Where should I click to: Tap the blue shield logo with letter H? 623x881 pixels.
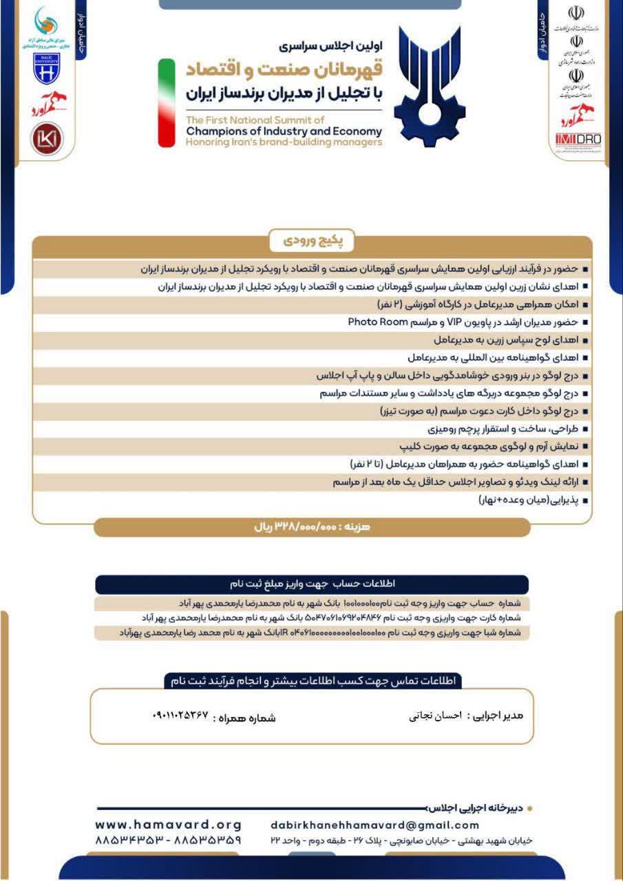tap(47, 69)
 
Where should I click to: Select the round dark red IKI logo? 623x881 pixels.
tap(47, 138)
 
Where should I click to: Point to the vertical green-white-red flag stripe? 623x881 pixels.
tap(166, 103)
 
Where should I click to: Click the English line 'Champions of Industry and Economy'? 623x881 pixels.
tap(284, 131)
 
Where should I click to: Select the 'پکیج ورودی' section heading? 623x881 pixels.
tap(311, 242)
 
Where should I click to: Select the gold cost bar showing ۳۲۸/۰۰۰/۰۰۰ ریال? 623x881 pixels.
tap(312, 527)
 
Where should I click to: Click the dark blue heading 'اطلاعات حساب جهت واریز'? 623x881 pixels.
tap(312, 584)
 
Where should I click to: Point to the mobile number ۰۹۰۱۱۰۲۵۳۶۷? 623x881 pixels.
tap(180, 717)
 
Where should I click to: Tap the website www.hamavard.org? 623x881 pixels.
tap(169, 825)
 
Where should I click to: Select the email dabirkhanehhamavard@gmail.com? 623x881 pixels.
tap(375, 825)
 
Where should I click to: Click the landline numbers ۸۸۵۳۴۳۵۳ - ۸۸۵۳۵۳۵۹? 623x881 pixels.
tap(169, 840)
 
